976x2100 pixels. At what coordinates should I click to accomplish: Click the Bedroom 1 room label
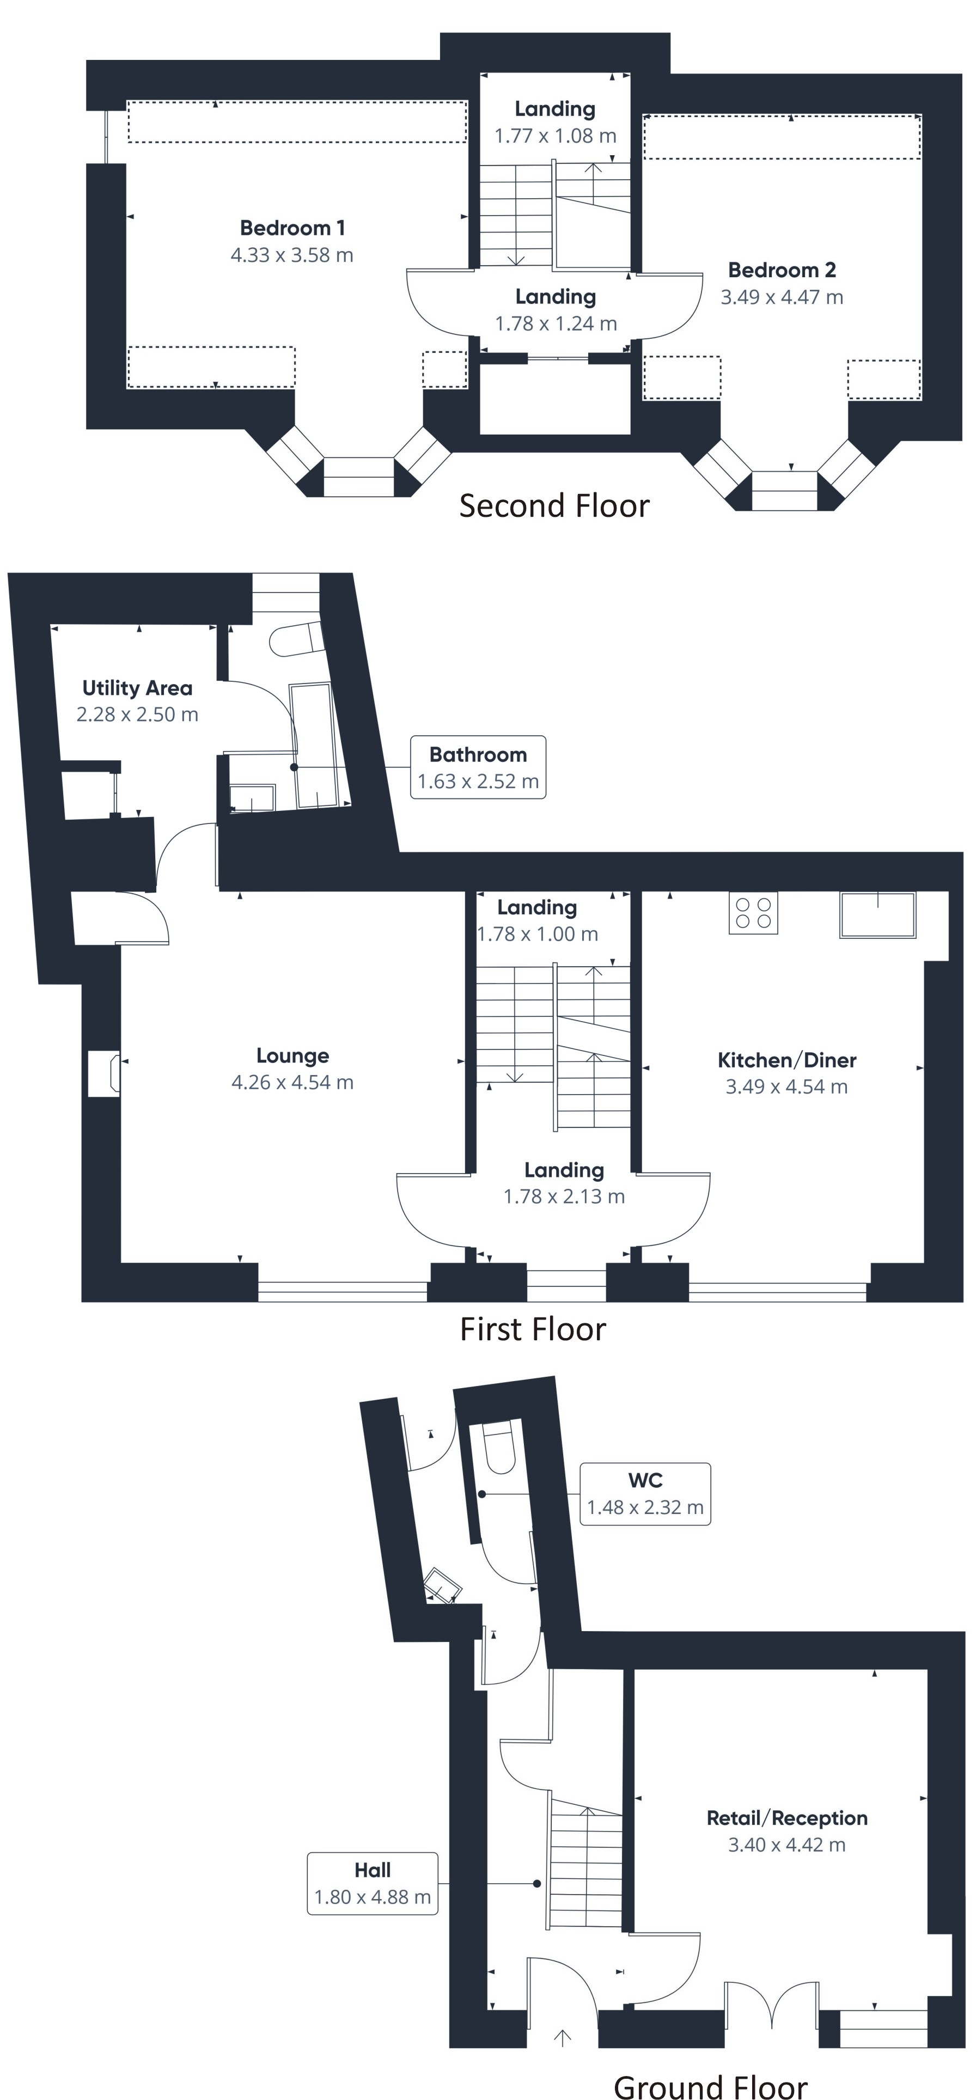click(292, 228)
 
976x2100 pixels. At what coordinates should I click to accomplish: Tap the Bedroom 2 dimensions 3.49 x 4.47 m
click(781, 297)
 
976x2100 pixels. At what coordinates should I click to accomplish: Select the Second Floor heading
click(554, 505)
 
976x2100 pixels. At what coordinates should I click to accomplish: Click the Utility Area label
click(137, 688)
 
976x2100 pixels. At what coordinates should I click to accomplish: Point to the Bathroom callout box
click(478, 767)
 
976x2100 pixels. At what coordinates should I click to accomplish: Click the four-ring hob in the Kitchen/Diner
click(753, 912)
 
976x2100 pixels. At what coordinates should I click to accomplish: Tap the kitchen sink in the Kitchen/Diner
click(877, 915)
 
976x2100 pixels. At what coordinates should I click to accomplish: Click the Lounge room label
click(292, 1055)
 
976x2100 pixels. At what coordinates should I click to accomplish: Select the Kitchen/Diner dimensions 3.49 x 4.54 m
click(786, 1086)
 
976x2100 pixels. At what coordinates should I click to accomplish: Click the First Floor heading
click(533, 1329)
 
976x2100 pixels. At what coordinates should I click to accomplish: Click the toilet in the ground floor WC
click(498, 1448)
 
